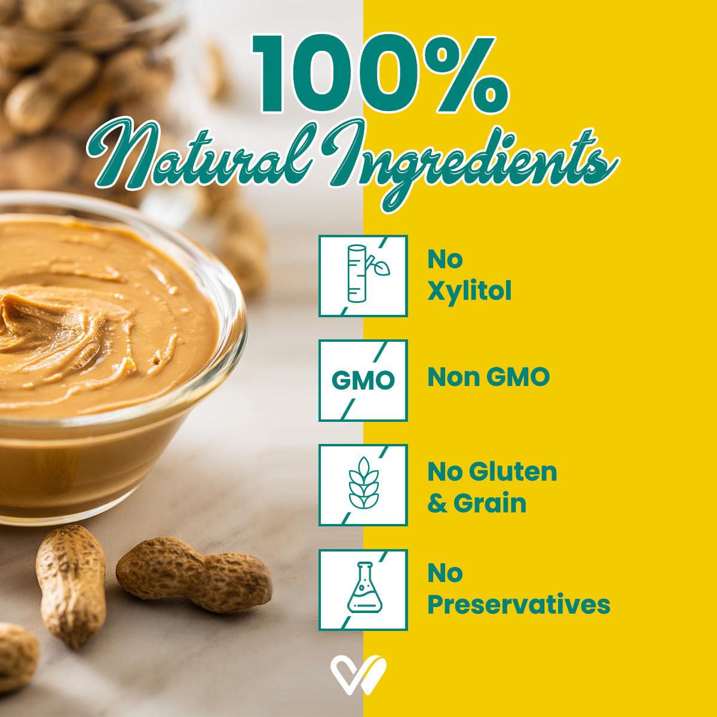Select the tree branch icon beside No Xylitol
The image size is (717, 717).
coord(363,275)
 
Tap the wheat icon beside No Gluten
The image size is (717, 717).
coord(363,485)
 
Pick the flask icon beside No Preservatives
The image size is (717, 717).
coord(363,589)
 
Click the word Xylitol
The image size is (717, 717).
coord(469,293)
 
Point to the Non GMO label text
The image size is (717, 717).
coord(488,378)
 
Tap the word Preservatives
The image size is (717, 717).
coord(519,605)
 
